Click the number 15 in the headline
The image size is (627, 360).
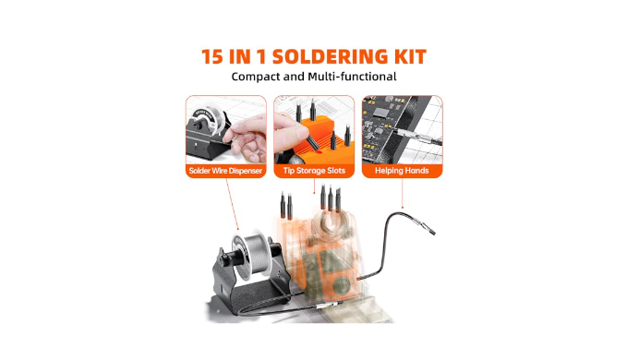(212, 56)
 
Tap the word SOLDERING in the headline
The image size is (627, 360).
(330, 56)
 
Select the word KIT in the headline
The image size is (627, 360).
(410, 56)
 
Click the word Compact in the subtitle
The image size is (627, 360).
(256, 77)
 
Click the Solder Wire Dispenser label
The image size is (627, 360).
(225, 171)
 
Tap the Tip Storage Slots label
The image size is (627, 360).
(314, 171)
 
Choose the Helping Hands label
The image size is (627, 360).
(402, 171)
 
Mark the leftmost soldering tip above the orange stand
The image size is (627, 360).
(283, 205)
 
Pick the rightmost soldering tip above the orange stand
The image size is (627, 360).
(338, 199)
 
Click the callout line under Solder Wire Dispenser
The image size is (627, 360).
(233, 204)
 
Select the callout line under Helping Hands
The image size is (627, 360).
(402, 193)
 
